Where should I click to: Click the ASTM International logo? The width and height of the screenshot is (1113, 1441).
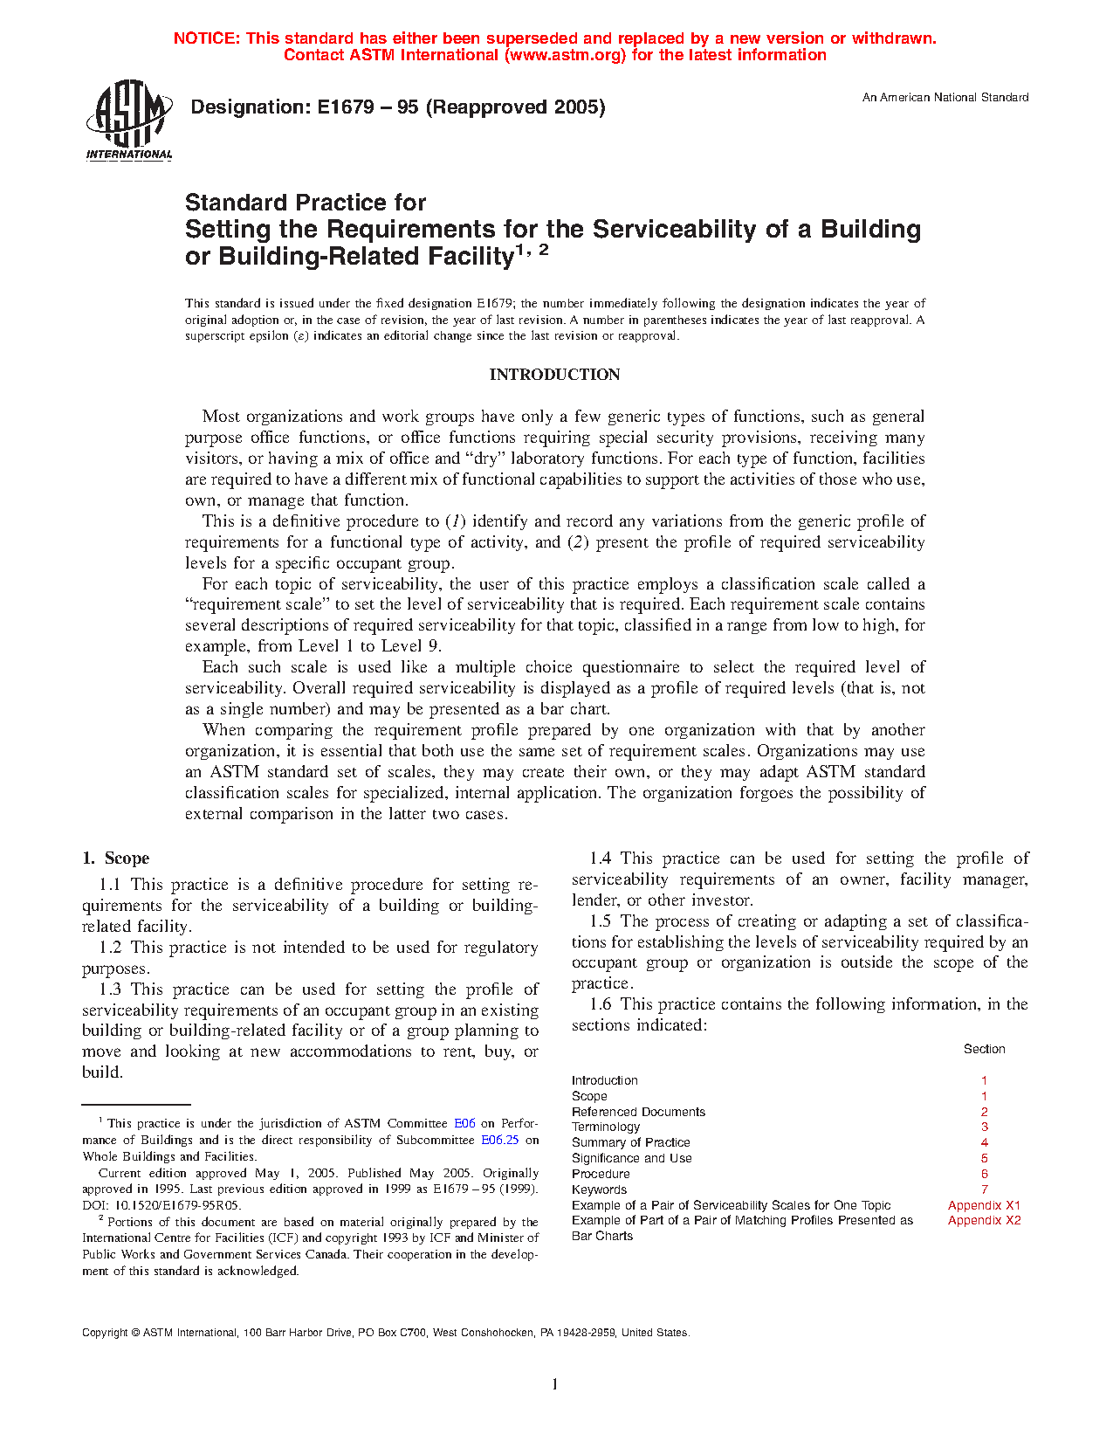(x=129, y=121)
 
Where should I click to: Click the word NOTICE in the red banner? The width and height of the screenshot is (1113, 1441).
(x=206, y=38)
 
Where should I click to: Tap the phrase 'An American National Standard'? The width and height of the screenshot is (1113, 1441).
(x=945, y=98)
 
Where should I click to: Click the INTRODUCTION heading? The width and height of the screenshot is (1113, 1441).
(x=554, y=375)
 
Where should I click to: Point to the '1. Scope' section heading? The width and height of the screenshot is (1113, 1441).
(x=115, y=858)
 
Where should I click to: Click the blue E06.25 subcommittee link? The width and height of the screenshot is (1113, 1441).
(x=500, y=1140)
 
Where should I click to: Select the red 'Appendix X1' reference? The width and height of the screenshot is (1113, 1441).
(x=984, y=1205)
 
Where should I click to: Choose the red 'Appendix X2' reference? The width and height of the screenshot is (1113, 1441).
(x=984, y=1221)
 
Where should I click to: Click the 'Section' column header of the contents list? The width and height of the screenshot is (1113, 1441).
(x=984, y=1049)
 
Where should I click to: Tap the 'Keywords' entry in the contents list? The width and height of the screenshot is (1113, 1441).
(x=599, y=1189)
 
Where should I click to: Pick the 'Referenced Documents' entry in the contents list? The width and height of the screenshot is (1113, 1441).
(x=638, y=1112)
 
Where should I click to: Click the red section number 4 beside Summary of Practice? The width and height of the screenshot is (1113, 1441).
(x=984, y=1143)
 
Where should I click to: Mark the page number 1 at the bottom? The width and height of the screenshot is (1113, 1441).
(x=555, y=1384)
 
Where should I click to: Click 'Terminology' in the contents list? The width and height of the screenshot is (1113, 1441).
(x=606, y=1127)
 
